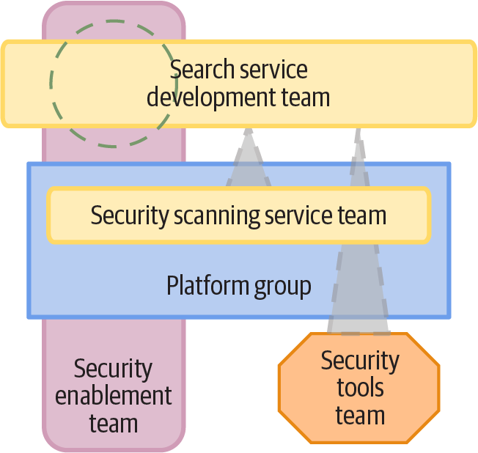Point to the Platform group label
[238, 285]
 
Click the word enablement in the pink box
[114, 396]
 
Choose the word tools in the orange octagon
[359, 388]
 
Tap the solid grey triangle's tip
[248, 132]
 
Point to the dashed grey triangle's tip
[358, 134]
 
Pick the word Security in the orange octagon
[359, 361]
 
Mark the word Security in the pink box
[114, 369]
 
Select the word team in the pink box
[114, 423]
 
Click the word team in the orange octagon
[359, 416]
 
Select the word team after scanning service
[361, 216]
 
